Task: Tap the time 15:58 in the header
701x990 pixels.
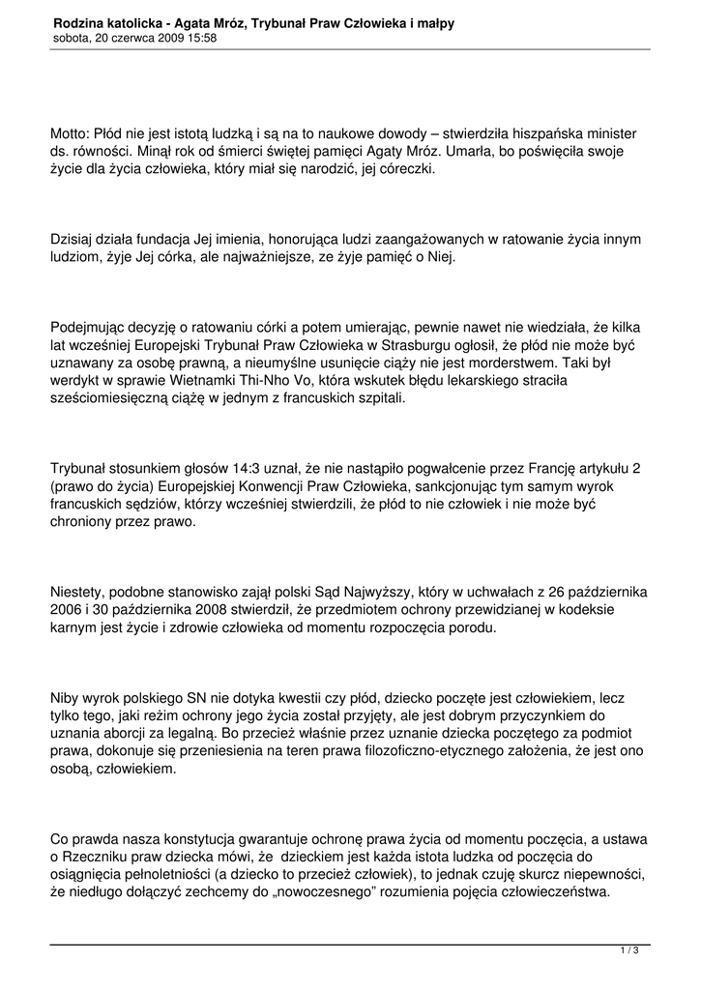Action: (x=198, y=38)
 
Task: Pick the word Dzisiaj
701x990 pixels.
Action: (x=74, y=239)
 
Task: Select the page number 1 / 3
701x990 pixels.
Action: (x=629, y=951)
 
